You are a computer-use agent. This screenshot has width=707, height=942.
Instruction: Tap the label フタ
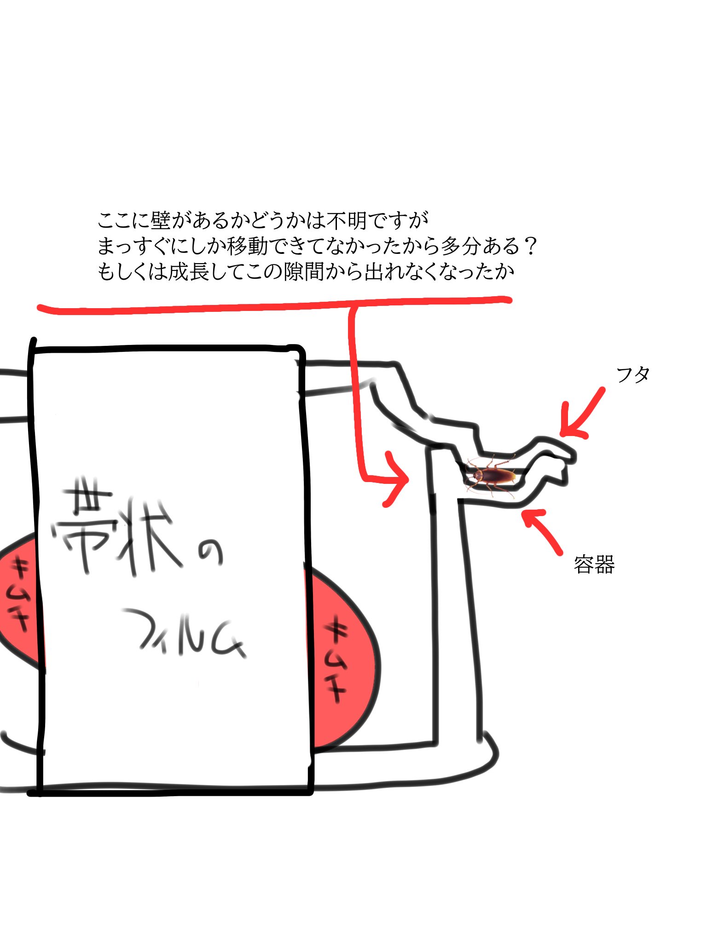point(633,375)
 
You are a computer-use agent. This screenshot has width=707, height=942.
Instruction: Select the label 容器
point(594,564)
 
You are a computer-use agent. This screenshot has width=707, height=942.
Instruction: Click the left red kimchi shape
point(21,597)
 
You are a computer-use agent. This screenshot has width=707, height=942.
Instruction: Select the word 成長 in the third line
point(190,272)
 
